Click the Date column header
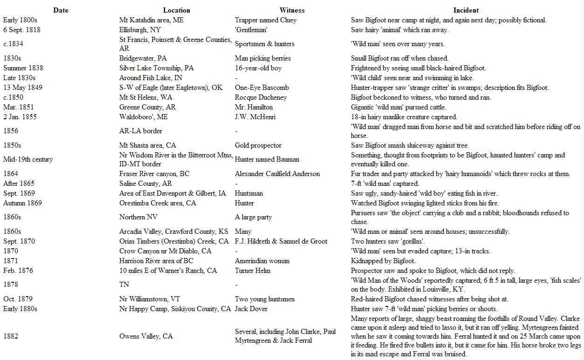click(61, 10)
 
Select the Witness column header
click(292, 10)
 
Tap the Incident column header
click(466, 10)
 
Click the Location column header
click(177, 10)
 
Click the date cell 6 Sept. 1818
click(22, 30)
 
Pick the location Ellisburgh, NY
click(140, 30)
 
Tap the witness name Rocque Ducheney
click(261, 97)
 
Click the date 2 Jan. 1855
click(20, 117)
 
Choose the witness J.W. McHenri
click(255, 117)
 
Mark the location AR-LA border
click(141, 131)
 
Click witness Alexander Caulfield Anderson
click(277, 174)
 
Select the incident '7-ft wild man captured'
click(385, 183)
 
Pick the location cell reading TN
click(124, 285)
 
